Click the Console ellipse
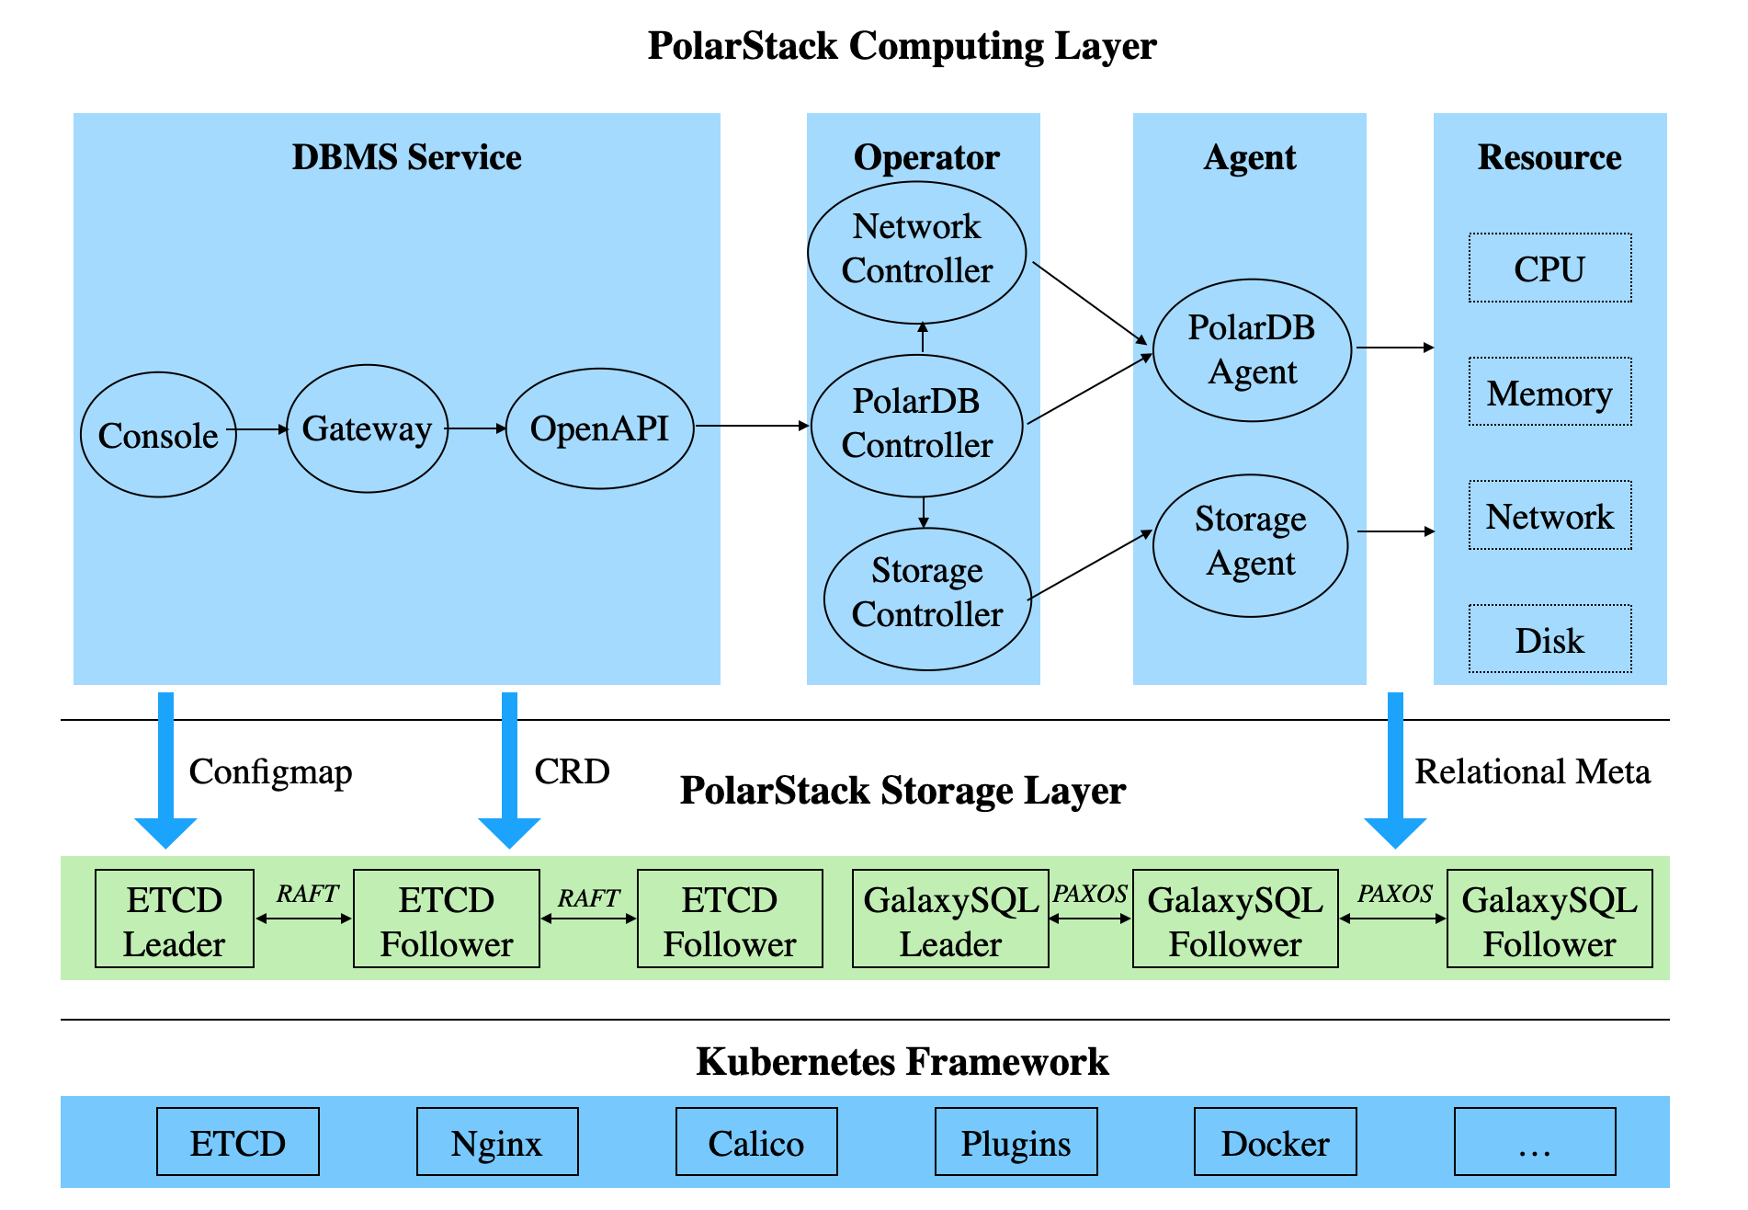click(x=158, y=435)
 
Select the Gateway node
click(x=367, y=428)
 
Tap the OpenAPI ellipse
click(x=599, y=428)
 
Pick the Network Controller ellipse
click(x=916, y=251)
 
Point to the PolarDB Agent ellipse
click(x=1252, y=350)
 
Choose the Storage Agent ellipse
click(x=1250, y=544)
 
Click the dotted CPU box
click(x=1549, y=268)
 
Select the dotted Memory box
click(x=1549, y=392)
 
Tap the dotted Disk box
click(x=1549, y=639)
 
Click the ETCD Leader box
click(x=174, y=919)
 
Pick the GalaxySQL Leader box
click(x=950, y=919)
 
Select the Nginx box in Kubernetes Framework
click(x=496, y=1142)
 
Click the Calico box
click(x=755, y=1142)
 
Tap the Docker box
click(x=1275, y=1142)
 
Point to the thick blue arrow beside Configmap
click(x=165, y=768)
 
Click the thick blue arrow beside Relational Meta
click(x=1394, y=768)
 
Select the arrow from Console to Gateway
click(x=260, y=429)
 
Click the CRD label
click(x=572, y=771)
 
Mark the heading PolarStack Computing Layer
click(x=901, y=46)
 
